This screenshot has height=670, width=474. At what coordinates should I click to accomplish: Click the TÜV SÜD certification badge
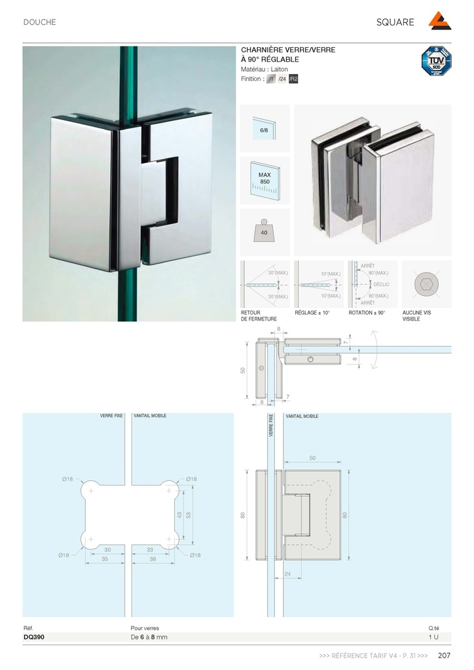436,61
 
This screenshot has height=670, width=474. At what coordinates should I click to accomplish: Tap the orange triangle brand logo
440,22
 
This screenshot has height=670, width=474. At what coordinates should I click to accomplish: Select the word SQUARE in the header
395,22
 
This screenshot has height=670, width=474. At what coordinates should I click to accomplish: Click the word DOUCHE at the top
40,22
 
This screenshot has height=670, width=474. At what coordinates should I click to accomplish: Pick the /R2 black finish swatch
293,79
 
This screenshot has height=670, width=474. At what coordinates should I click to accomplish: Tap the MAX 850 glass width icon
265,181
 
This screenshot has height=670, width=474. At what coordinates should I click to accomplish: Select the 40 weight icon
265,232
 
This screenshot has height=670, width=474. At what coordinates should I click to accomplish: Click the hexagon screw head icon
426,284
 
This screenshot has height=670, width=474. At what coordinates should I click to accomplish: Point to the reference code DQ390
34,637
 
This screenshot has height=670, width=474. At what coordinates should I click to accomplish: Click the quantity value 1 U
433,637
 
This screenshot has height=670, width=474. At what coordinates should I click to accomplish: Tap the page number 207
444,656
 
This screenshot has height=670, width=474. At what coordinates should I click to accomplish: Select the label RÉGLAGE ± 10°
312,313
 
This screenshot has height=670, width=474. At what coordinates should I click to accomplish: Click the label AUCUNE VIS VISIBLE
416,316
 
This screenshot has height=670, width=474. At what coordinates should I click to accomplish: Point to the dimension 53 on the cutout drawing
187,515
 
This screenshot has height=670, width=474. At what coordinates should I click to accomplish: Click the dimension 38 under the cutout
153,560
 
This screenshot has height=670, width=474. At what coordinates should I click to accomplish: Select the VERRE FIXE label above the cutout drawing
111,415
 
